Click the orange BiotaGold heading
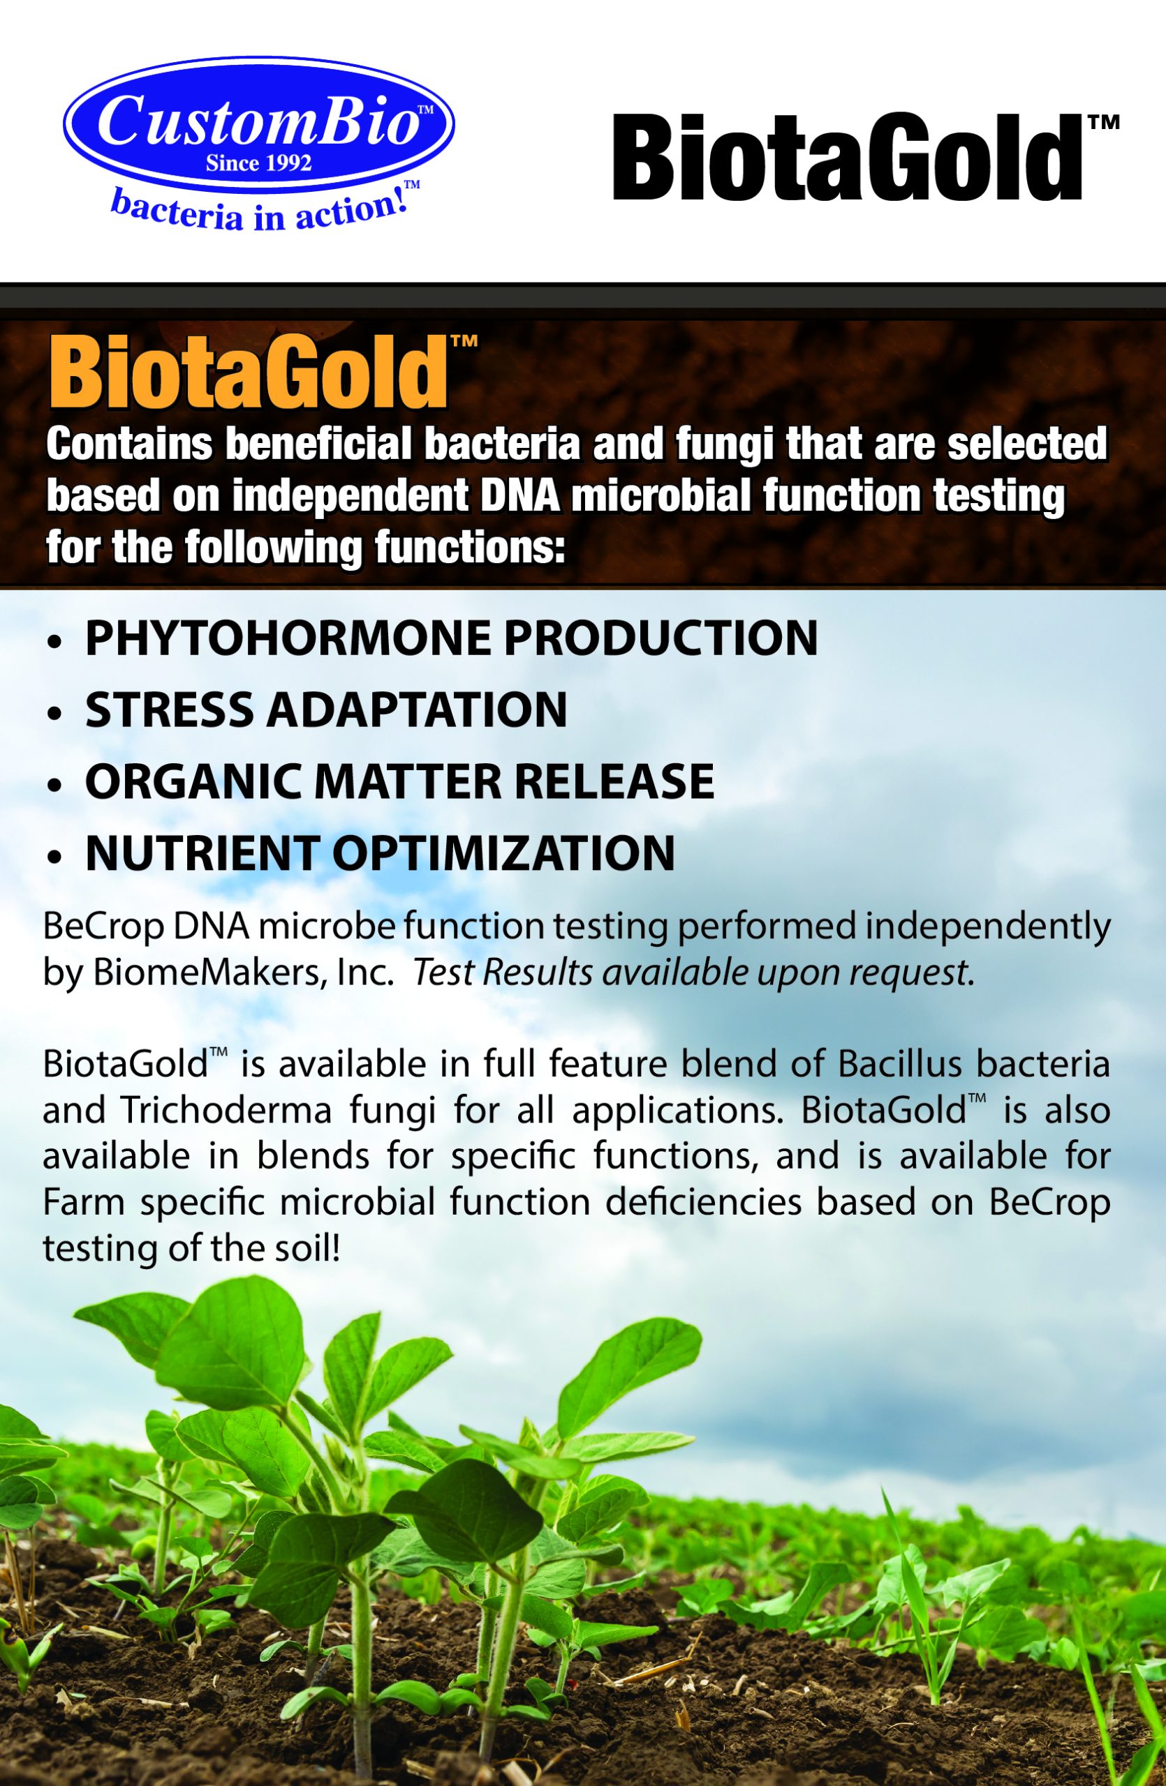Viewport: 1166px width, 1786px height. pos(248,374)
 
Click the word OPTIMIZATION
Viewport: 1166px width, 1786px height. pos(503,853)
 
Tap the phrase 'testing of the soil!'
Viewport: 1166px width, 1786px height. pos(191,1248)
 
